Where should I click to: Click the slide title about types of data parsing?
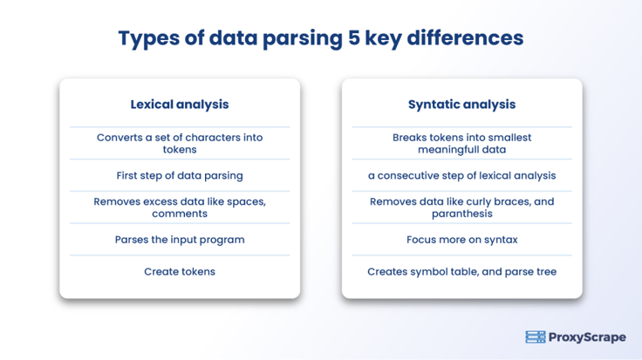click(x=320, y=39)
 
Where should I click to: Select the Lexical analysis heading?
click(x=179, y=105)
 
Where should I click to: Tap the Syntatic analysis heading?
click(x=461, y=105)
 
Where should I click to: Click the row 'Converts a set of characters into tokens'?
click(x=179, y=143)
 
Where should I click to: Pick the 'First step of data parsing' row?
click(x=179, y=175)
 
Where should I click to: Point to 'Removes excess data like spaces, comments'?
click(x=179, y=207)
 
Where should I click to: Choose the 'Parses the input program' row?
click(x=179, y=240)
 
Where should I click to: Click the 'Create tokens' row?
click(x=179, y=272)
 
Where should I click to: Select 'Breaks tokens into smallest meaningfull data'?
click(x=461, y=143)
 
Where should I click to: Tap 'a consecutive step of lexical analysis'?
click(x=461, y=175)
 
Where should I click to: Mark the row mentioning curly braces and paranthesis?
click(x=461, y=207)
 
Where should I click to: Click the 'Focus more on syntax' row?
click(x=461, y=240)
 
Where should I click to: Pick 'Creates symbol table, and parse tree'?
click(x=461, y=272)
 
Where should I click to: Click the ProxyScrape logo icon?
click(x=535, y=337)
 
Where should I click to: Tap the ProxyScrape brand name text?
click(x=587, y=337)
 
